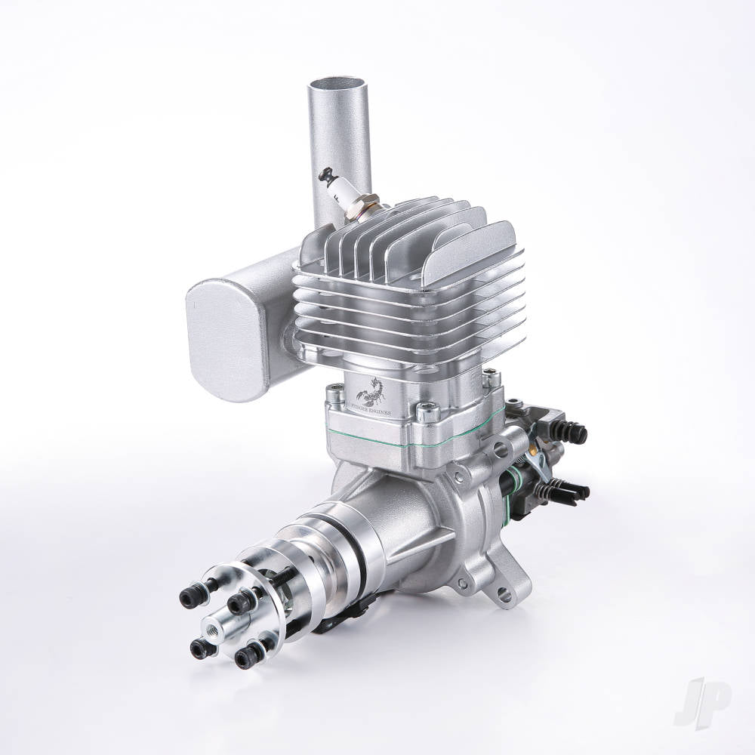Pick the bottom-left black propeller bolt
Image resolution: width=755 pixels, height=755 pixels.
click(201, 647)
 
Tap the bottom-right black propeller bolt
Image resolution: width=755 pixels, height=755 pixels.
click(245, 657)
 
